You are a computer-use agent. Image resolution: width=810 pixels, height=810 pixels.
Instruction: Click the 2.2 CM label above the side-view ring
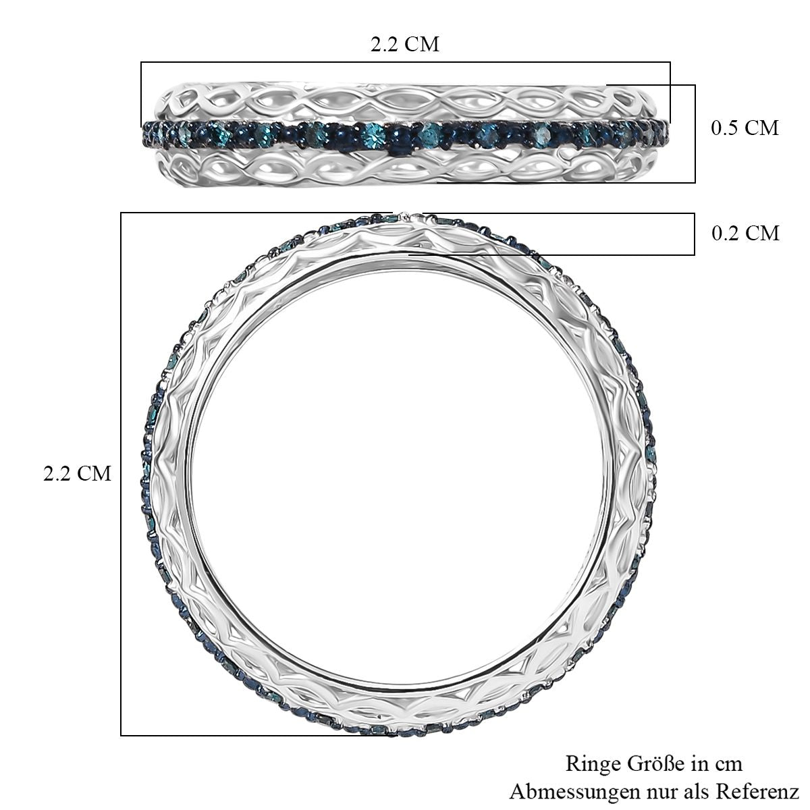pos(405,44)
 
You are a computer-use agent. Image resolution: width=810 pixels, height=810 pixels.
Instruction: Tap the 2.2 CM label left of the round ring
pos(78,474)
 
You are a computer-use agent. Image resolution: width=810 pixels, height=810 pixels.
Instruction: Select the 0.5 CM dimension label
pos(745,128)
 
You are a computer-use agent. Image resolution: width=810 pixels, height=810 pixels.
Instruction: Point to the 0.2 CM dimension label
pos(745,233)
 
